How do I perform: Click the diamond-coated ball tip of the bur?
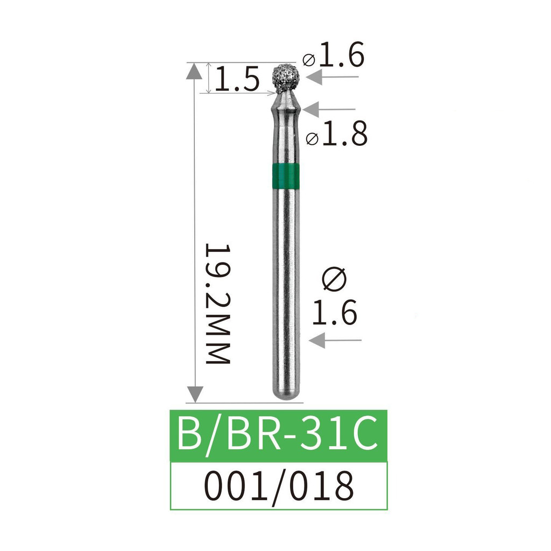[286, 79]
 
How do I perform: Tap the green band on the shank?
[286, 176]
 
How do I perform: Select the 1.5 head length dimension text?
[237, 79]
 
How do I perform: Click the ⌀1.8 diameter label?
[337, 133]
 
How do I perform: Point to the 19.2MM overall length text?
[217, 303]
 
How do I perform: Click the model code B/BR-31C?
[278, 433]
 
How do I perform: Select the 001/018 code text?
[279, 486]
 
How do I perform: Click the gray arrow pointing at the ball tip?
[333, 77]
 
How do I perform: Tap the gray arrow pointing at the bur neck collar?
[329, 109]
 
